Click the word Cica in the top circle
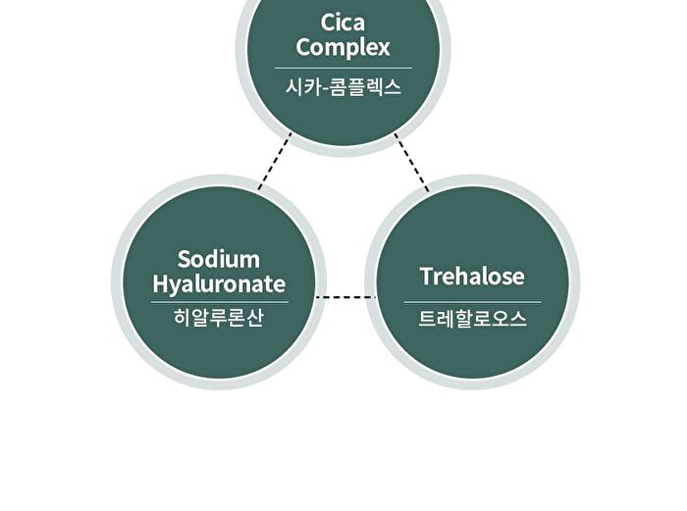[x=343, y=23]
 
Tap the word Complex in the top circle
[x=343, y=48]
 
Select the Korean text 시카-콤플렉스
[x=343, y=87]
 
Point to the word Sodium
[x=219, y=259]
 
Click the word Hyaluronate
[x=219, y=284]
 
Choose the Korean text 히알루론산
[x=219, y=318]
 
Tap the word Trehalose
[x=472, y=276]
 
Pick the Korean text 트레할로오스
[x=472, y=319]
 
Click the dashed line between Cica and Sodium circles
[x=275, y=161]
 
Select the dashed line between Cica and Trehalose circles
[x=411, y=162]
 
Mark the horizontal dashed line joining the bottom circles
[x=346, y=297]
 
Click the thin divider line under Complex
[x=343, y=68]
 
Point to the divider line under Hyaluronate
[x=220, y=302]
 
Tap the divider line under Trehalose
[x=472, y=302]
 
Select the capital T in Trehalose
[x=429, y=276]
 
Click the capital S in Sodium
[x=185, y=259]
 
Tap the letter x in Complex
[x=384, y=49]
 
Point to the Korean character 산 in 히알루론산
[x=254, y=318]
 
